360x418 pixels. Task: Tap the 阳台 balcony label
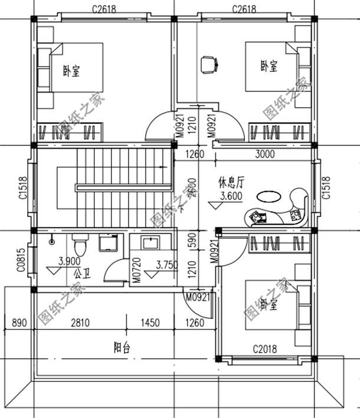tap(122, 348)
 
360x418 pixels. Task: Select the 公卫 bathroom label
tap(81, 274)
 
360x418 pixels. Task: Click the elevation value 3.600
tap(230, 197)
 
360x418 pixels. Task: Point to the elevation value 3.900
tap(70, 261)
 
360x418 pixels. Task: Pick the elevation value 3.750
tap(166, 265)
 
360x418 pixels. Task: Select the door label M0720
tap(136, 270)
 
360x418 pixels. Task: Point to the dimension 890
tap(19, 322)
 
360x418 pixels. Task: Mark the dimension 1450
tap(150, 322)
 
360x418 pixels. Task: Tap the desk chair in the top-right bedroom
tap(208, 64)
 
